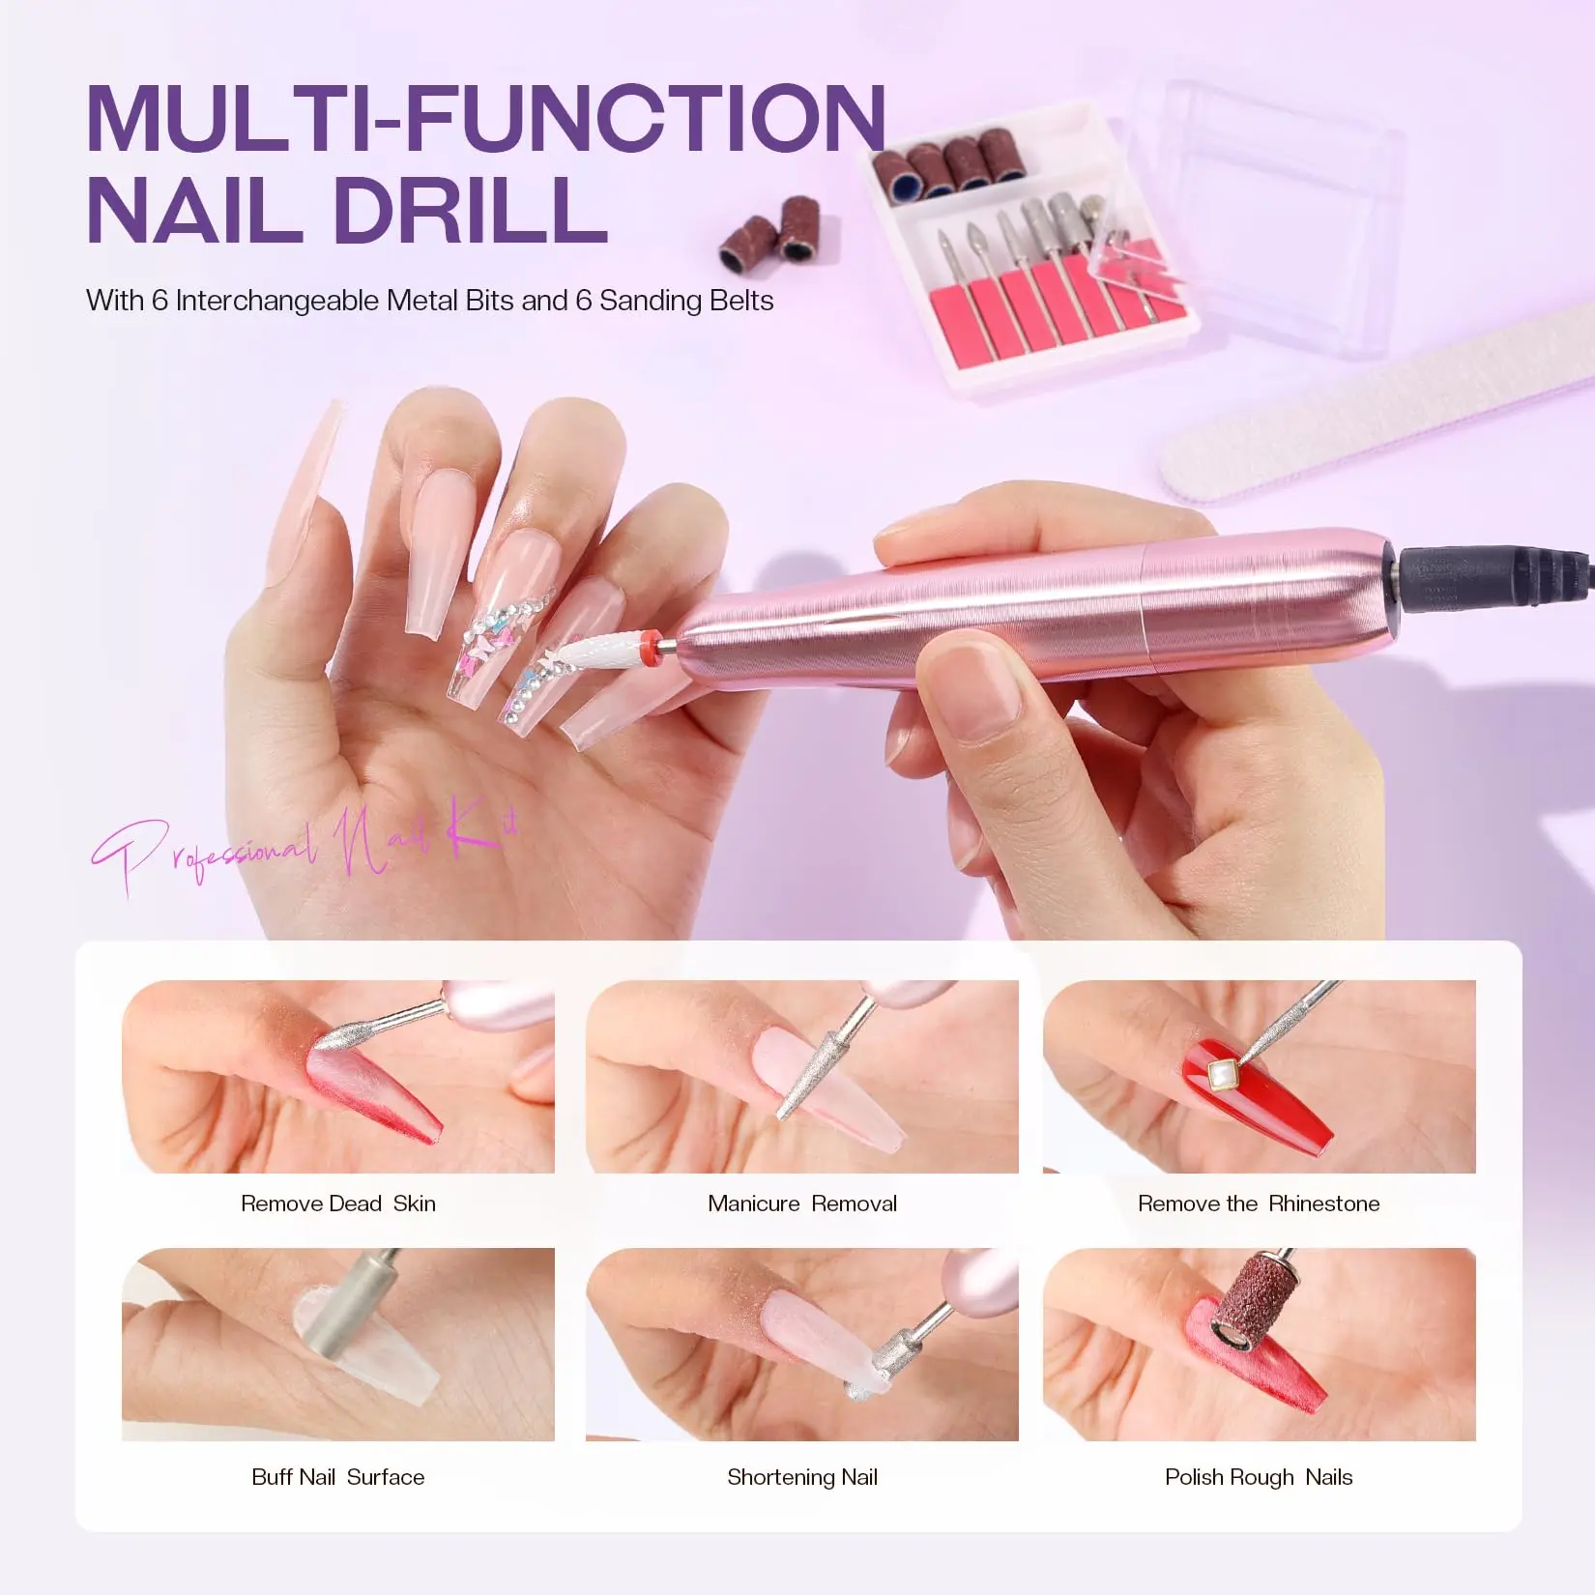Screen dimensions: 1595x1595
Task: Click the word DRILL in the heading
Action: pos(471,210)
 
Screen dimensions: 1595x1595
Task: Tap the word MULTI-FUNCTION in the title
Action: pos(486,118)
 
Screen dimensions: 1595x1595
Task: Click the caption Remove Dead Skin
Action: pos(338,1203)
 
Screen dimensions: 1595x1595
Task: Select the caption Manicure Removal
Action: pos(802,1203)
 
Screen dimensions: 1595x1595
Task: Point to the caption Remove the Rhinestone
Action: pos(1259,1203)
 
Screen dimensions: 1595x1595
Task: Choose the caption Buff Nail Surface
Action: pos(338,1477)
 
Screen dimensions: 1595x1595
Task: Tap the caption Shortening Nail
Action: pos(802,1478)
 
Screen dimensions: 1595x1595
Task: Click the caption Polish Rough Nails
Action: pos(1259,1478)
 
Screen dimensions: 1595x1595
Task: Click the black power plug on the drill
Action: pos(1489,577)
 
